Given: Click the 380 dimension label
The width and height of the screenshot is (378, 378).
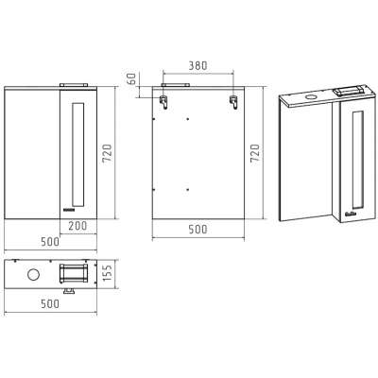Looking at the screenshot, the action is tap(198, 66).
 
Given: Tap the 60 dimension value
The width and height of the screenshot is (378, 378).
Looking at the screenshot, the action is tap(132, 78).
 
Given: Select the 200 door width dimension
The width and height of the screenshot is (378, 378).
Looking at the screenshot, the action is tap(77, 226).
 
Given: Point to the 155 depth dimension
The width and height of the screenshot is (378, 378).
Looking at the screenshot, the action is tap(107, 273).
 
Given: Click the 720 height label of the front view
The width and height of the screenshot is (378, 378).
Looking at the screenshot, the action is tap(107, 153).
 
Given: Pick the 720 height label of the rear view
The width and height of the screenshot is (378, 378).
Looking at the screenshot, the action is tap(254, 153).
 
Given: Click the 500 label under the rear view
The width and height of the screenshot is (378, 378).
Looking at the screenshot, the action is tap(198, 230).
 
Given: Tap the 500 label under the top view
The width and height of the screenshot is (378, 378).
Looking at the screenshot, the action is tap(50, 304).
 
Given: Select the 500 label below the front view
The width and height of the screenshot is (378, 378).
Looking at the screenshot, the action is tap(50, 242).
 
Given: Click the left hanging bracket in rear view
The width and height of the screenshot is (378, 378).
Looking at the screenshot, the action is tap(164, 101).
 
